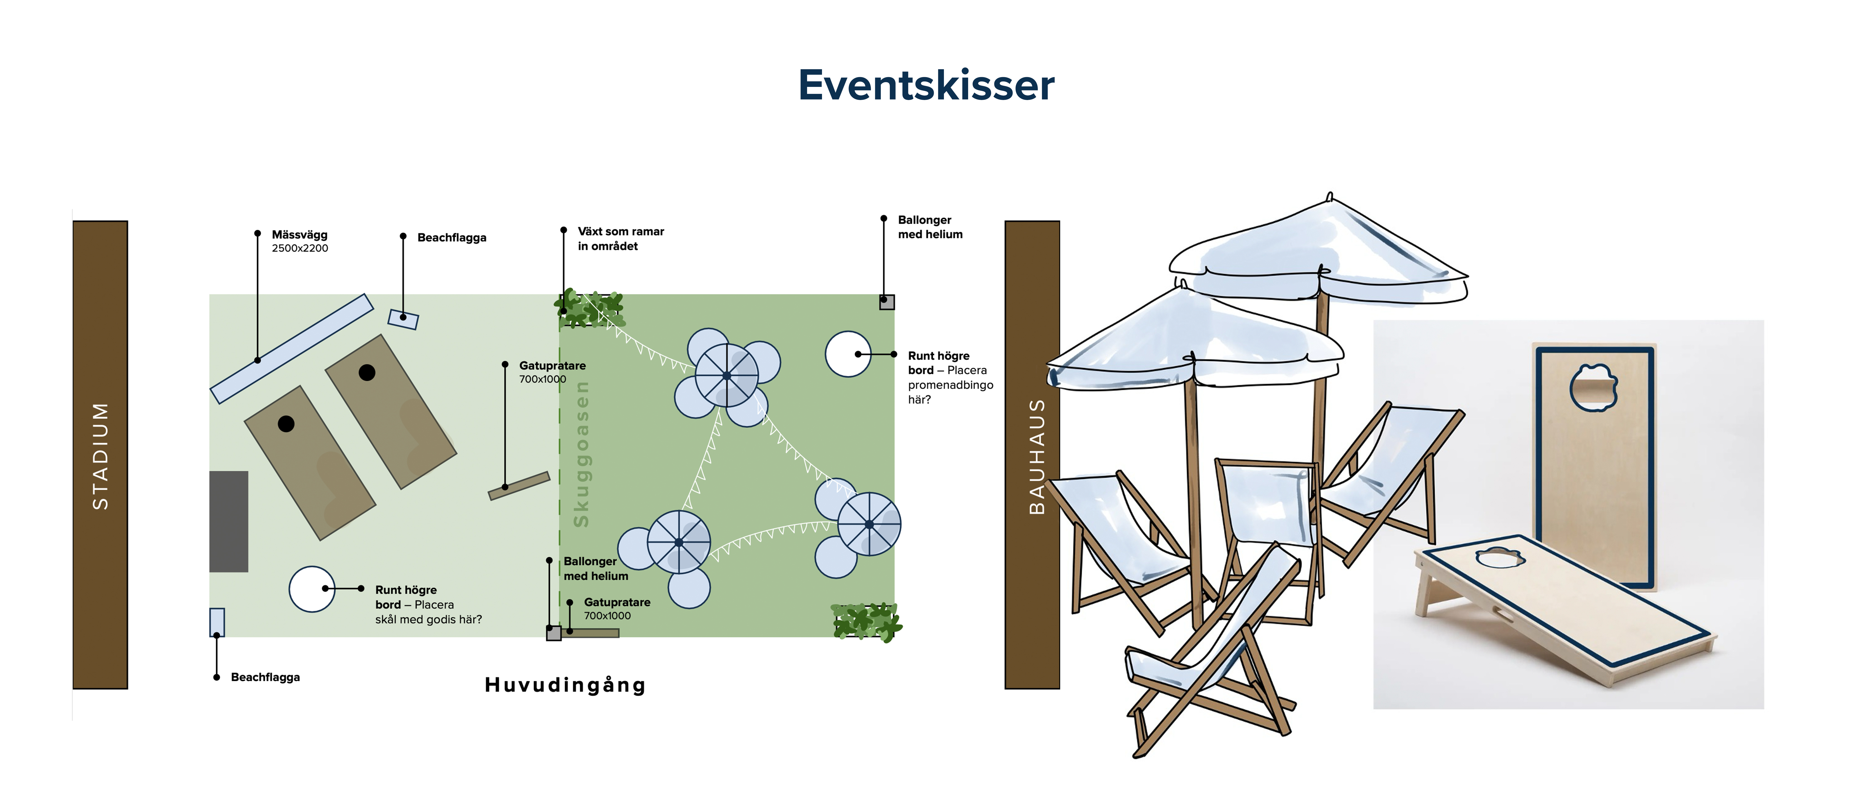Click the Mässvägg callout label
[299, 240]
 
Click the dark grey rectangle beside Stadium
[229, 521]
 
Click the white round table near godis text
[311, 589]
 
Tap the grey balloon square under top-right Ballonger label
[887, 302]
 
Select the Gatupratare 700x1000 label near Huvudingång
[616, 608]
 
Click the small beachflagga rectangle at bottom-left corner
[216, 622]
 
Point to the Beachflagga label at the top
[452, 238]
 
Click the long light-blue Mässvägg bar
[291, 348]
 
